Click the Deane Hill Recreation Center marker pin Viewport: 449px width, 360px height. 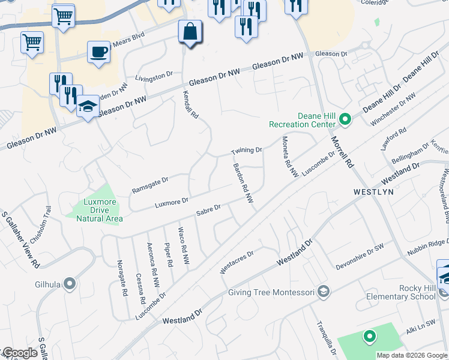click(345, 119)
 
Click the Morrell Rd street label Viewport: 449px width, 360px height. click(339, 152)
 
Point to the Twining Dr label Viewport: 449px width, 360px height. click(247, 150)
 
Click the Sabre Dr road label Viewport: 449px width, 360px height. click(209, 211)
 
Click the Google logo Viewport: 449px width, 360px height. click(19, 353)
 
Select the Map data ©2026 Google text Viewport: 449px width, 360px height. click(412, 355)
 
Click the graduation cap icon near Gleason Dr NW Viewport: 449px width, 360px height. click(88, 108)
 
